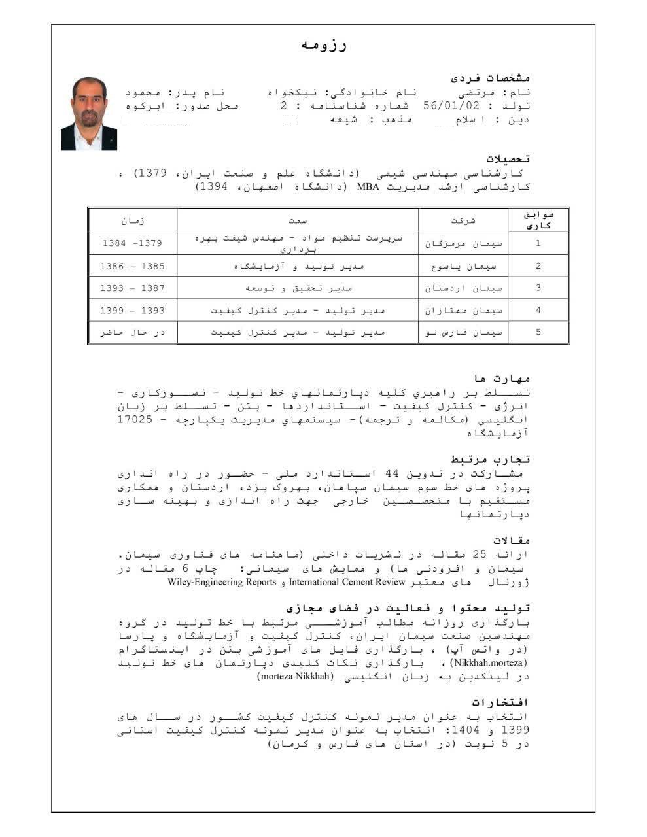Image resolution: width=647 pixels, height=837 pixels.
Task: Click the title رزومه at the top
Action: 324,45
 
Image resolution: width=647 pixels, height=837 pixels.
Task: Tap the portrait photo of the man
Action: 89,114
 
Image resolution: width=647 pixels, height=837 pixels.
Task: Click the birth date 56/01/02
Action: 451,106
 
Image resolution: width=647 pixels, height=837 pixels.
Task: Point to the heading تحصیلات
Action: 508,159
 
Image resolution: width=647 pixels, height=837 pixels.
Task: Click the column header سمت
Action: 298,221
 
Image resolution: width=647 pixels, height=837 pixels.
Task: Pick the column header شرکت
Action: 463,221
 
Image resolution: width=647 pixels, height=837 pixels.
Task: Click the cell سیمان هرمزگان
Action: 463,243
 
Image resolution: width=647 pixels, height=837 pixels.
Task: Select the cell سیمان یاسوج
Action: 463,266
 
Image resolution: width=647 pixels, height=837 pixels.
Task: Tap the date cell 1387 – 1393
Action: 132,288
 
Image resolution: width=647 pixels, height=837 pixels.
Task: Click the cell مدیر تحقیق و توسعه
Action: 298,288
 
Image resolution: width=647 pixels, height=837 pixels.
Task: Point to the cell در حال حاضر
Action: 132,332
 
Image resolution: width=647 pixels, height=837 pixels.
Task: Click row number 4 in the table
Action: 538,311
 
